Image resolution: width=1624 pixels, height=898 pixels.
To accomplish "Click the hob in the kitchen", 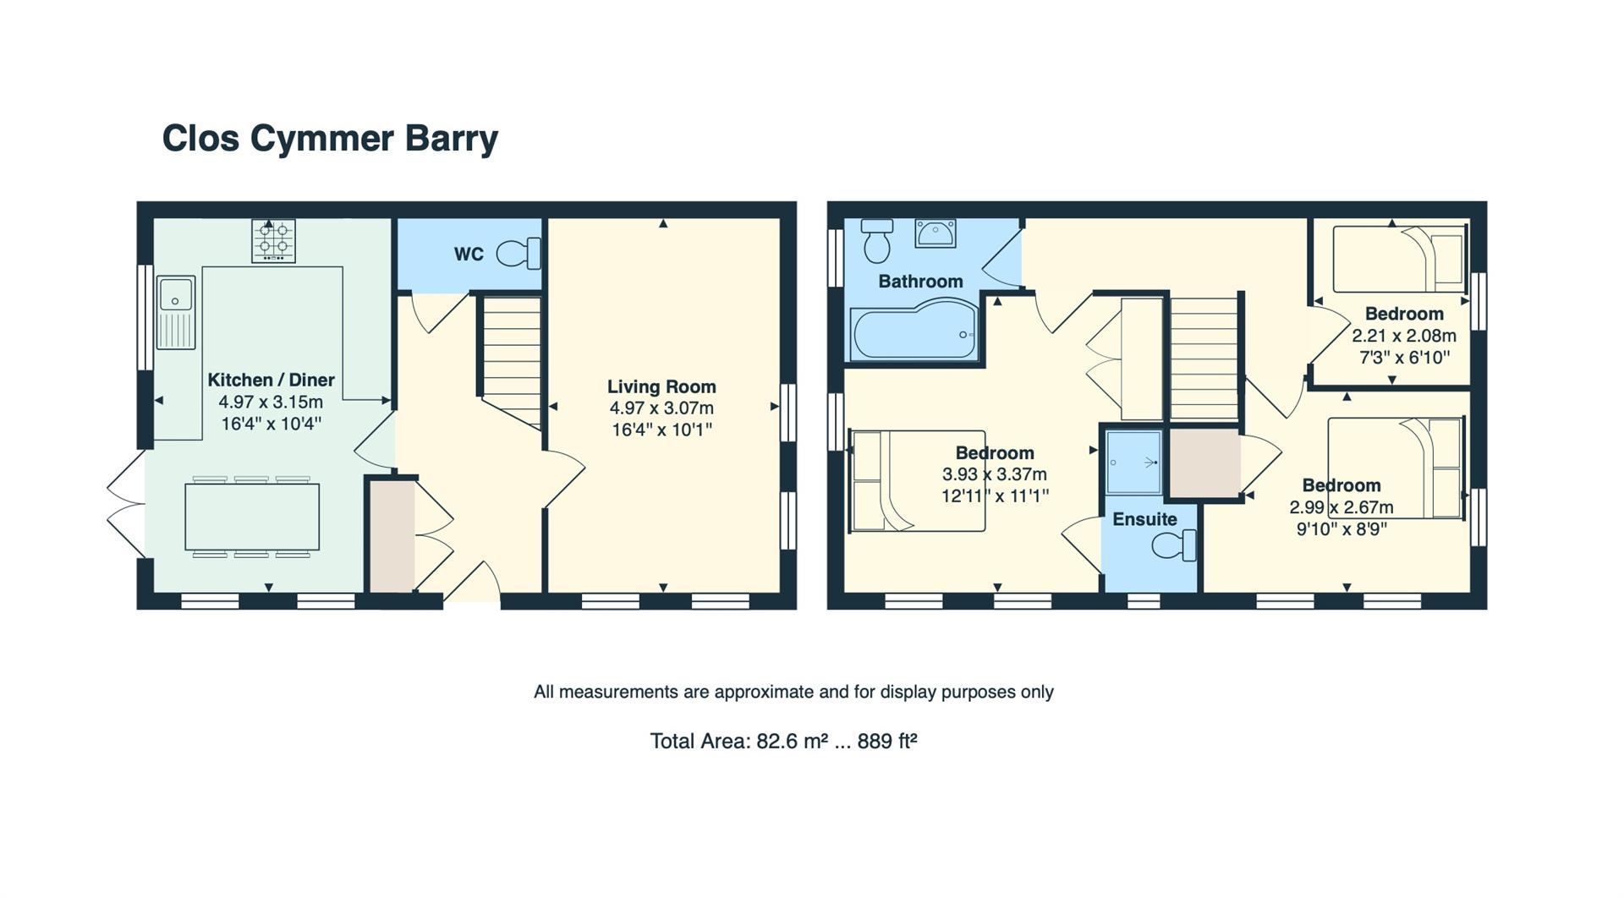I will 273,240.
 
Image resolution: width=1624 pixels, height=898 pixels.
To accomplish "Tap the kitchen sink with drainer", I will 176,312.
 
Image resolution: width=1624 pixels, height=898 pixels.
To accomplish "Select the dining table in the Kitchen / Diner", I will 253,516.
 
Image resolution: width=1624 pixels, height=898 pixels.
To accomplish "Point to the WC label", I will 469,254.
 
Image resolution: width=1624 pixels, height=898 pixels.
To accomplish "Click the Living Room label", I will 661,386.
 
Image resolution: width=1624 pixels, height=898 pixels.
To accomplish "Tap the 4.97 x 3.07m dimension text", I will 661,408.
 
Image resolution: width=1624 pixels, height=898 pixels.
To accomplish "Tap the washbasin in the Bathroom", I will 935,233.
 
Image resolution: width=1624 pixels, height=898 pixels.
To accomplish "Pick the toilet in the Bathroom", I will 877,240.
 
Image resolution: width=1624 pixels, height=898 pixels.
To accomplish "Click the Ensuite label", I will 1144,519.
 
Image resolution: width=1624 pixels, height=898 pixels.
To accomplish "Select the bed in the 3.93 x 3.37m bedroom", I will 917,481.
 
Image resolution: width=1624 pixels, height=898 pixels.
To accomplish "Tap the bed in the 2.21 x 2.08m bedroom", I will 1398,259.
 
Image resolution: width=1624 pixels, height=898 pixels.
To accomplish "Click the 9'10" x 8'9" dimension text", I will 1341,529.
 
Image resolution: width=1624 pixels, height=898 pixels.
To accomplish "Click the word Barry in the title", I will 451,139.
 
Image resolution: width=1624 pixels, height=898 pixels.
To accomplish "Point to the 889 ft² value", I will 887,742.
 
